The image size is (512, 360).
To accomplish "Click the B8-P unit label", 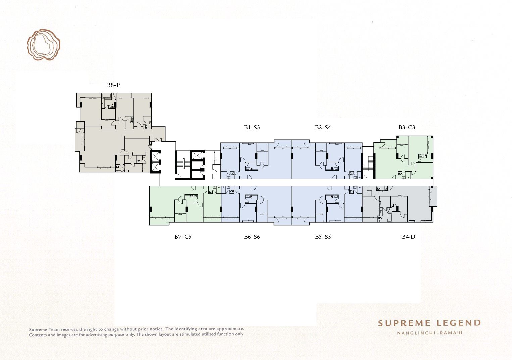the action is tap(113, 85).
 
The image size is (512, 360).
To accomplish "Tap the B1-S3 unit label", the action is tap(252, 127).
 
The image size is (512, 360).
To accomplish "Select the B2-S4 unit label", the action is tap(323, 127).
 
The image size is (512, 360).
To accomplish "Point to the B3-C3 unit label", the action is tap(407, 127).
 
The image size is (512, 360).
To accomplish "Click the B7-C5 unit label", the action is tap(183, 237).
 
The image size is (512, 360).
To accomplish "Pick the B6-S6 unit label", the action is tap(252, 237).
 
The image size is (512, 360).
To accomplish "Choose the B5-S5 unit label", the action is tap(323, 237).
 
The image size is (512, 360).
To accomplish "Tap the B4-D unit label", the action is tap(408, 237).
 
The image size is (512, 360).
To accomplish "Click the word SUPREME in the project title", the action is tap(405, 323).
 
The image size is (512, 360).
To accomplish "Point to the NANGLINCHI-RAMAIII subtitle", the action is tap(430, 333).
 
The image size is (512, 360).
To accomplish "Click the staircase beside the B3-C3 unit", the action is tap(368, 163).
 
